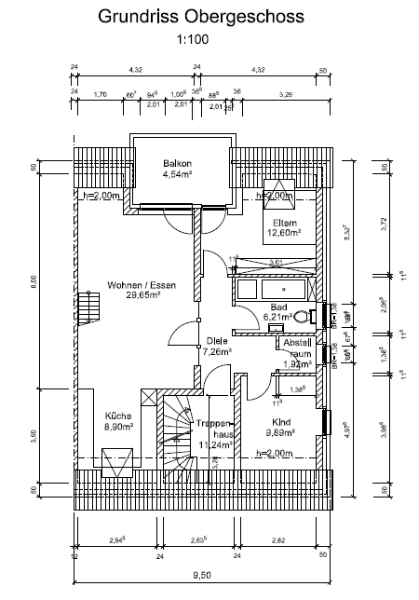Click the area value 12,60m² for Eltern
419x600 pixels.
point(282,233)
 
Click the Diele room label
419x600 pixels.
point(216,341)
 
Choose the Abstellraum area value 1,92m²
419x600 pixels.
point(295,364)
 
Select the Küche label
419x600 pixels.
point(118,416)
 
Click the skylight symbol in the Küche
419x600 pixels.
point(119,459)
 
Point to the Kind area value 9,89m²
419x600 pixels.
point(279,432)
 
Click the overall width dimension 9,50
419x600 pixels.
point(201,574)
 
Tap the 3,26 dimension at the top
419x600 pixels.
point(285,94)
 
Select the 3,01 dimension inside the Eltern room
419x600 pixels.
point(275,263)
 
